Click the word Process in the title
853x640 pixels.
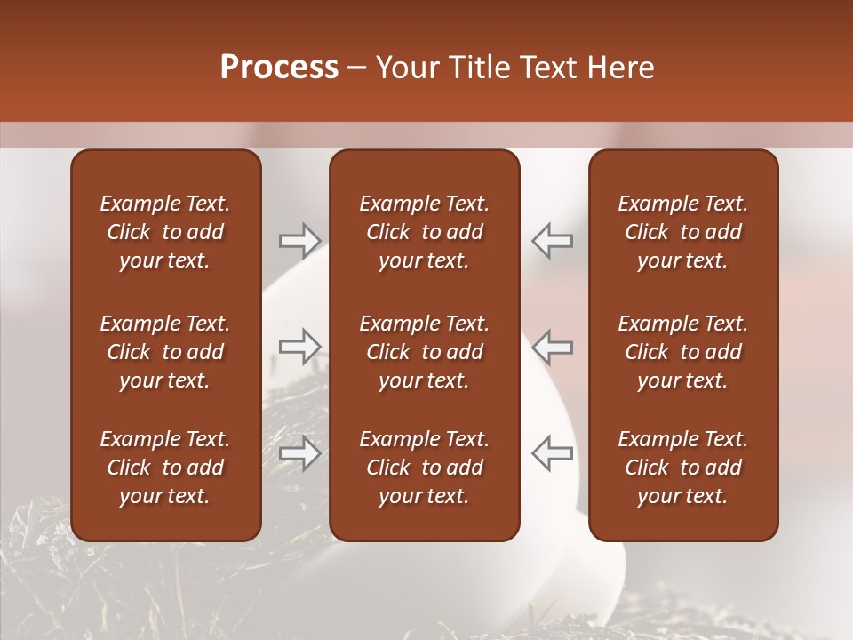[x=279, y=68]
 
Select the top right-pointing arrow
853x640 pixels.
[x=299, y=240]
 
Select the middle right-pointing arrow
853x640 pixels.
[x=299, y=346]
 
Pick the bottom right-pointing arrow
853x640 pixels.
[x=299, y=453]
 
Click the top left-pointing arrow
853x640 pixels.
[x=552, y=240]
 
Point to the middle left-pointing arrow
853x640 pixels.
[x=552, y=346]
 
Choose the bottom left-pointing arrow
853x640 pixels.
[x=552, y=453]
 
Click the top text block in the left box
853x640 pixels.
[x=165, y=232]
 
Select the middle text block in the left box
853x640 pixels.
[x=165, y=352]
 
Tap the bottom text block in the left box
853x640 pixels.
[x=165, y=468]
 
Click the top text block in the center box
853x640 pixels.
[x=424, y=232]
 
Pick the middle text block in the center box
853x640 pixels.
[x=424, y=352]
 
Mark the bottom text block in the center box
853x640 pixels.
[x=424, y=468]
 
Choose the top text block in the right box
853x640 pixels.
[x=682, y=232]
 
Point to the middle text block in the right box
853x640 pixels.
[x=682, y=352]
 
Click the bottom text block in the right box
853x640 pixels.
[x=682, y=468]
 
